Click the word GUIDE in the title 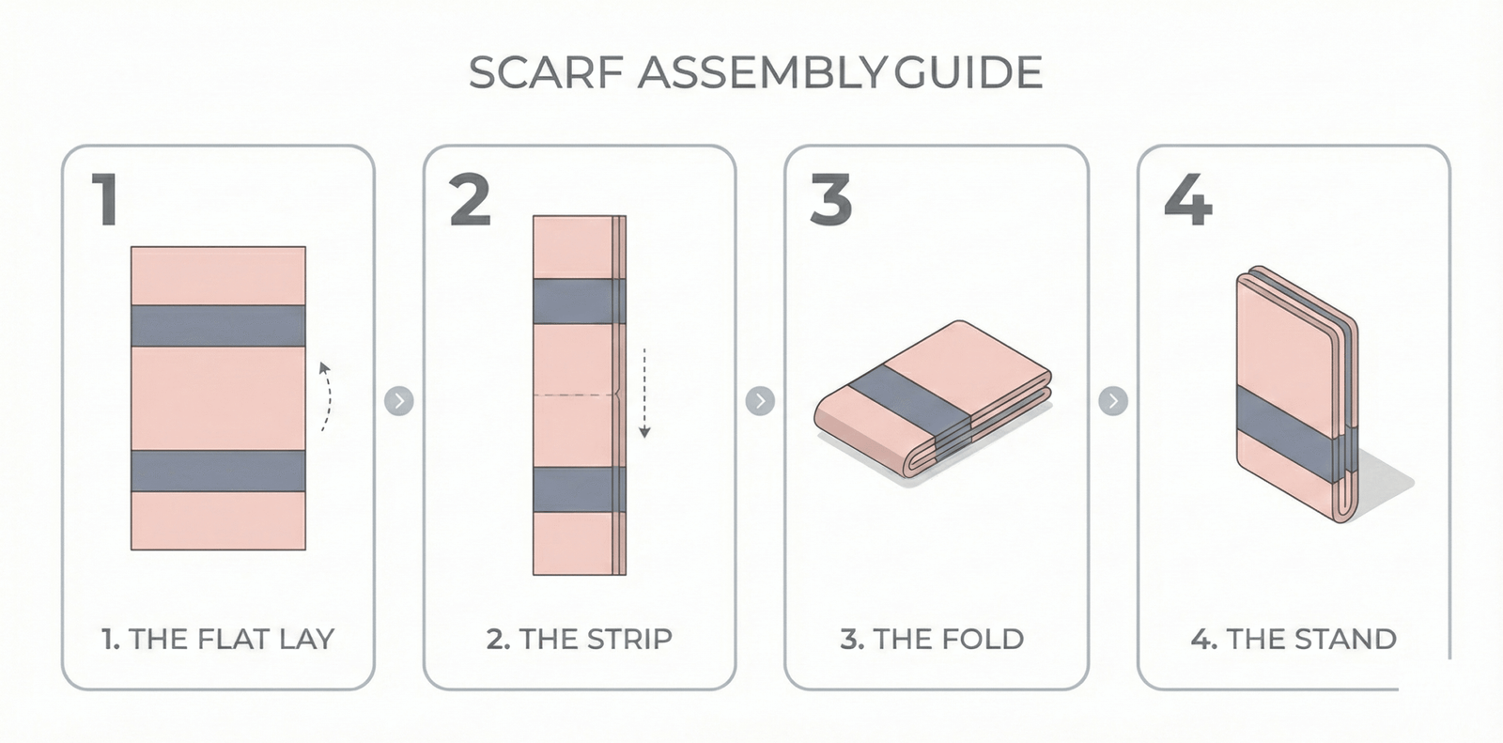coord(968,72)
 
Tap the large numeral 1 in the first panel coord(105,199)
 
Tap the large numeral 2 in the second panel coord(470,199)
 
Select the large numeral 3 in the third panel coord(830,199)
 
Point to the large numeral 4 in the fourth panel coord(1187,199)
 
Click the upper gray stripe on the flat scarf coord(218,325)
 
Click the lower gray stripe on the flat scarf coord(218,471)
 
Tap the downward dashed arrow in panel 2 coord(644,393)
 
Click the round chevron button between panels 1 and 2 coord(399,401)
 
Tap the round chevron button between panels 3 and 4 coord(1113,401)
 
